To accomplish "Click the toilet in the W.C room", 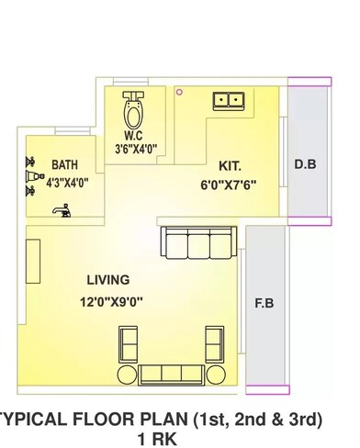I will click(135, 111).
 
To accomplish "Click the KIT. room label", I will click(230, 166).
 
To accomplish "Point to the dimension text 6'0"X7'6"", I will click(229, 184).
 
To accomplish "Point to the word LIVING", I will click(107, 279).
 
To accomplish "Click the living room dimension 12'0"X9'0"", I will click(109, 299).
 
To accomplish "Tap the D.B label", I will click(305, 165).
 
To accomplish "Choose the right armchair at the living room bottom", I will click(214, 346).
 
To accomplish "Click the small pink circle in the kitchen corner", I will click(180, 91).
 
